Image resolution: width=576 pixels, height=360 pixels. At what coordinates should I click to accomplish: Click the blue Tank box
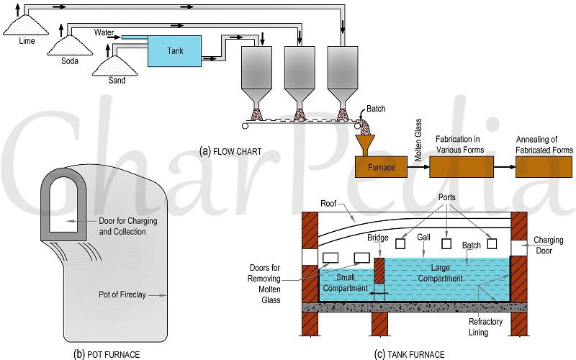coord(174,51)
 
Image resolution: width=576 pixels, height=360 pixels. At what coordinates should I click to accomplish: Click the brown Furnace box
coord(381,167)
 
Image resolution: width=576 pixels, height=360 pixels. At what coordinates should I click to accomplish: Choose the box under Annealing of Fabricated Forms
coord(544,167)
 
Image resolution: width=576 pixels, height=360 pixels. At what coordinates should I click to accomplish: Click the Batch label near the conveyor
coord(377,109)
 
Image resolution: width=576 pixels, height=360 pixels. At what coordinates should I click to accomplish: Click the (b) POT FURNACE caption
coord(107,354)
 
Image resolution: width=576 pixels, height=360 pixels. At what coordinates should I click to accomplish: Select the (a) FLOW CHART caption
coord(230,151)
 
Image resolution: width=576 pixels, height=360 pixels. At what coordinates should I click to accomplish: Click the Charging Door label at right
coord(549,246)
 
